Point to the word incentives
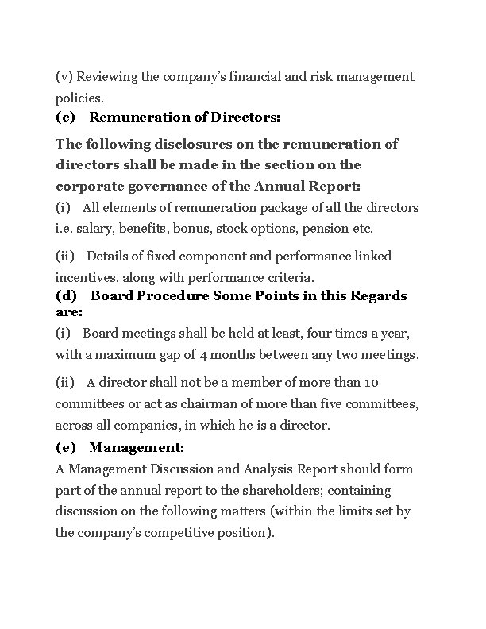83,277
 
